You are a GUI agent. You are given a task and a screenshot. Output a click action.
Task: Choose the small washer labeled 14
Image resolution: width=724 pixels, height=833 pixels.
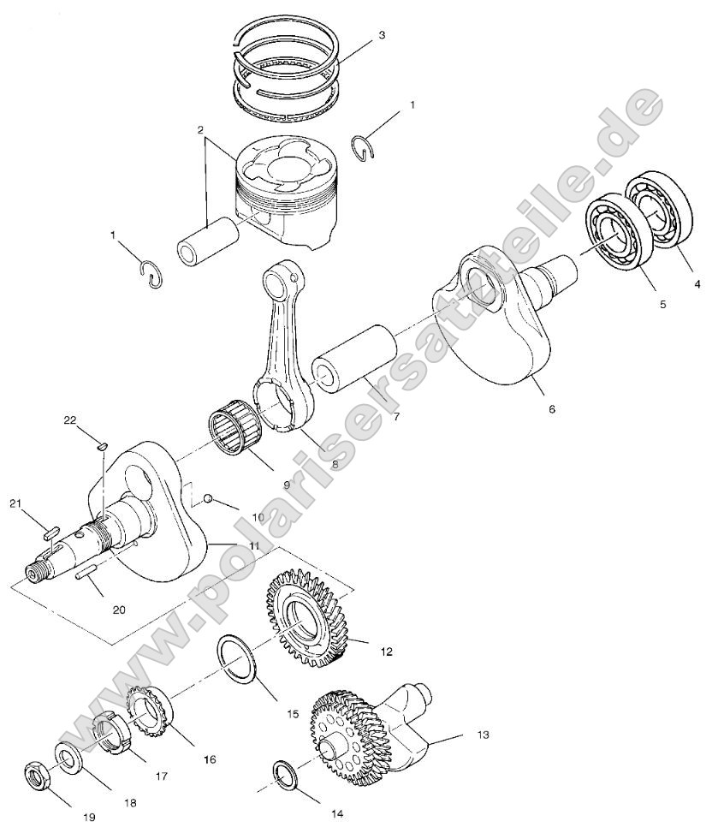[x=286, y=773]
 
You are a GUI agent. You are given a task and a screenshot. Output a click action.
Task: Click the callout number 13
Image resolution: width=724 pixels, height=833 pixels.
[x=483, y=735]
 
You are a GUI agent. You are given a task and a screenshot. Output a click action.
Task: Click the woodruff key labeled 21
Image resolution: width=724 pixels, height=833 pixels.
[x=50, y=531]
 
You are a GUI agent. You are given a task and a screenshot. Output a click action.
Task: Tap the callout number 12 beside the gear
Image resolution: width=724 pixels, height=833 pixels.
[x=387, y=652]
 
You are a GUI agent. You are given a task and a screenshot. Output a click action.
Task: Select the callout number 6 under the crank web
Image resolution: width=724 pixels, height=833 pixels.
[x=551, y=409]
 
